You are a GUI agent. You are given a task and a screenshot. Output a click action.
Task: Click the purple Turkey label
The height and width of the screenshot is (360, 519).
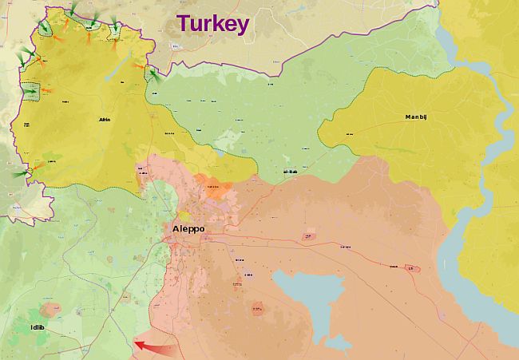pos(212,23)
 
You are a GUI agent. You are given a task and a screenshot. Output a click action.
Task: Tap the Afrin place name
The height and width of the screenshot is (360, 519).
pos(104,120)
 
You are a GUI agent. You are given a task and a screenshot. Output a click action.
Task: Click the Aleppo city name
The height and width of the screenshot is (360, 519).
pos(188,229)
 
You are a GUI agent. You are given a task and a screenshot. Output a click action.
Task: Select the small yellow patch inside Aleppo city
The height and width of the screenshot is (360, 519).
pos(184,216)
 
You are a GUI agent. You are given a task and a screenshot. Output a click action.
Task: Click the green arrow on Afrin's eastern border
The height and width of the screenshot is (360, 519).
pos(153,77)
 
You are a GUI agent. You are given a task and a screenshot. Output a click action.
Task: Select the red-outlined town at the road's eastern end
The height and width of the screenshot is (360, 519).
pos(411,268)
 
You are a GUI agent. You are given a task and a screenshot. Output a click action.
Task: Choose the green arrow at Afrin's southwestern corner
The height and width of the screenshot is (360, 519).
pos(21,174)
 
